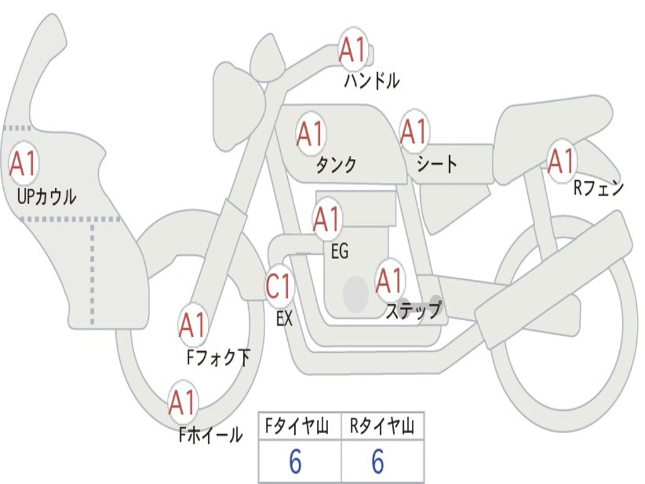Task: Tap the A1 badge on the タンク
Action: tap(311, 133)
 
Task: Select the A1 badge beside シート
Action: tap(414, 132)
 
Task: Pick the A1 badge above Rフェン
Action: tap(561, 161)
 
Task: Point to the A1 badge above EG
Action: tap(327, 219)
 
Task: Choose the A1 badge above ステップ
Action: tap(389, 280)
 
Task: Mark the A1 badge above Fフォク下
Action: tap(193, 325)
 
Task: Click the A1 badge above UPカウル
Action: tap(24, 164)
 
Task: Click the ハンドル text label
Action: tap(372, 81)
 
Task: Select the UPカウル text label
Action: tap(47, 197)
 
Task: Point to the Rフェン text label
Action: tap(598, 188)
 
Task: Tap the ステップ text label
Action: tap(413, 311)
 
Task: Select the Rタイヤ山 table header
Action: tap(382, 427)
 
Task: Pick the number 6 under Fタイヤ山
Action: tap(295, 463)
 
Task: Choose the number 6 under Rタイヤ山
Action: tap(378, 463)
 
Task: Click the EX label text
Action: tap(285, 319)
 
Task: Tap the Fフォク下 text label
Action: tap(219, 358)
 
